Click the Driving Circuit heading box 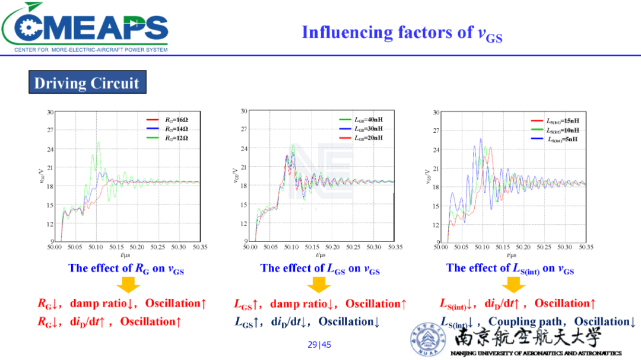[87, 82]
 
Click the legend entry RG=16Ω [176, 119]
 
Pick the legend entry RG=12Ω [176, 138]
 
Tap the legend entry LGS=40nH [368, 119]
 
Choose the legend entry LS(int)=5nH [562, 139]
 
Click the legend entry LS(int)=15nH [562, 121]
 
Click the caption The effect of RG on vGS [126, 268]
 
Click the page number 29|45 [319, 345]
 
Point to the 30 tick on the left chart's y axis [50, 111]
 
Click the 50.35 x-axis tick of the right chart [586, 247]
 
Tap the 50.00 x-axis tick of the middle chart [250, 247]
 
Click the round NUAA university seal [427, 340]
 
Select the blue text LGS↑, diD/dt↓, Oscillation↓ [307, 322]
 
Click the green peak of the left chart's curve [98, 142]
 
